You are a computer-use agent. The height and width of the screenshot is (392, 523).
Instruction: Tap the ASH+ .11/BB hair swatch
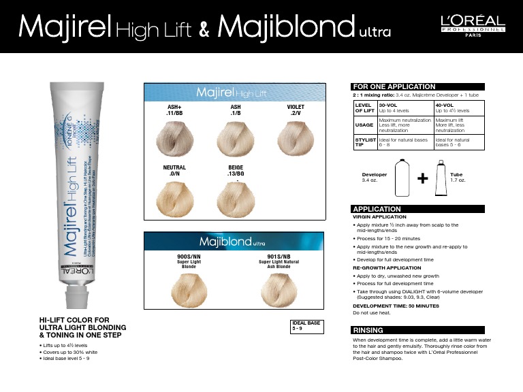174,137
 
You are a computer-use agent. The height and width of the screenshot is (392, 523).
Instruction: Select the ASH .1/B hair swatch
236,137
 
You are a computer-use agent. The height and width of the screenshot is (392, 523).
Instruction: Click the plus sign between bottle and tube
423,178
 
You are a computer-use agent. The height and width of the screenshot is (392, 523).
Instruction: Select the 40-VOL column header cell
461,108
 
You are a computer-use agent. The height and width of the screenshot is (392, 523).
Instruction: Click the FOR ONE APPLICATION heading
393,86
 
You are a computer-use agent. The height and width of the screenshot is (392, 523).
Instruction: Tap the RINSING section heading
368,329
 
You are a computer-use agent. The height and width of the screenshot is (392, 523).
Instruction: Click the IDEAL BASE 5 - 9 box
304,325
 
